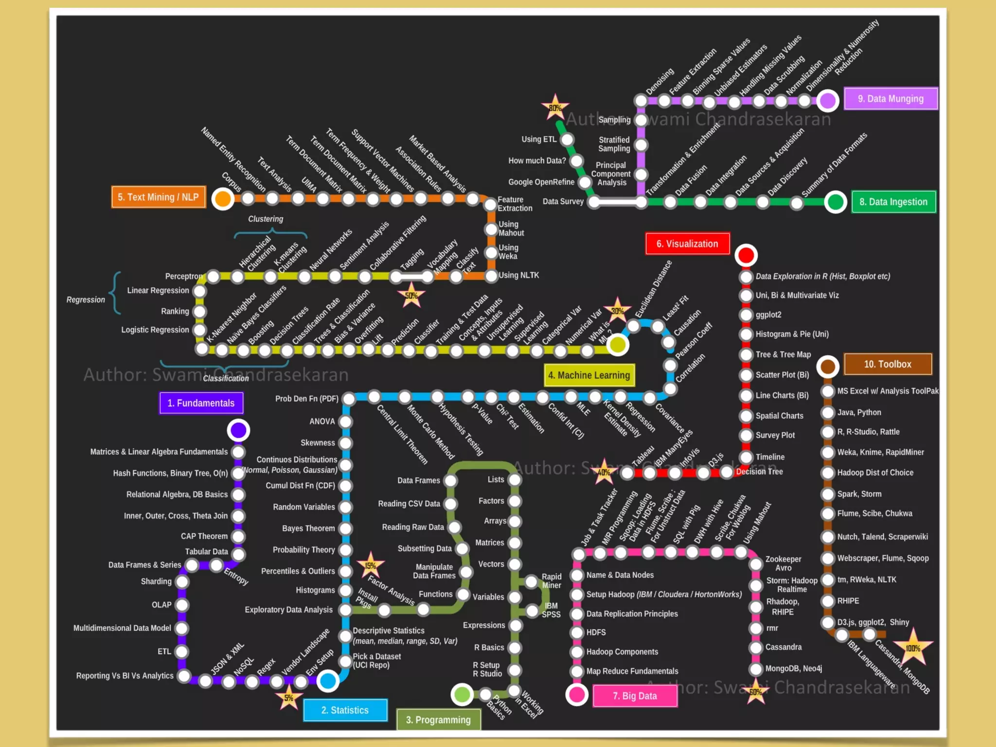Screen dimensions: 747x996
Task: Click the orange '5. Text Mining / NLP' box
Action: click(x=158, y=197)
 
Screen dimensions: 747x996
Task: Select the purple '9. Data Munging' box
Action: click(x=890, y=99)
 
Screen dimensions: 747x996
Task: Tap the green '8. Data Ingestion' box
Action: click(x=893, y=202)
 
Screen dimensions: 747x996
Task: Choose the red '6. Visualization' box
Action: click(x=687, y=244)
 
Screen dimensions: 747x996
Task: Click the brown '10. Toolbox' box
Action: click(x=888, y=364)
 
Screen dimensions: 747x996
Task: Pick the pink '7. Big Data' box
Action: click(x=635, y=696)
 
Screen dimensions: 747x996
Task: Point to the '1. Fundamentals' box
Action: click(x=201, y=403)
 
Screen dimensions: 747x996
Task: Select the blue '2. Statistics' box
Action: click(x=345, y=710)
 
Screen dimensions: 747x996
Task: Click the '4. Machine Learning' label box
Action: click(x=589, y=375)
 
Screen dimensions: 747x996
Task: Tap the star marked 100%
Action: click(x=913, y=648)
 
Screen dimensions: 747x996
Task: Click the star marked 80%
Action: click(x=555, y=107)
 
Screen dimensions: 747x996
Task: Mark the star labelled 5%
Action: click(x=289, y=698)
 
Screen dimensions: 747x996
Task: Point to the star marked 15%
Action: click(x=371, y=566)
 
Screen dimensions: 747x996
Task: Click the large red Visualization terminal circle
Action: click(x=746, y=255)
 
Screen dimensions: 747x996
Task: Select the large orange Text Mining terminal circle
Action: click(x=223, y=198)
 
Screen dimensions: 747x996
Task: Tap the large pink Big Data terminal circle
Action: click(x=577, y=694)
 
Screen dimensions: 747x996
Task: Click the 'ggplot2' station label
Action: click(x=768, y=315)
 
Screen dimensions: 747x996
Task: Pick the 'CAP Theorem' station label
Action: click(x=204, y=536)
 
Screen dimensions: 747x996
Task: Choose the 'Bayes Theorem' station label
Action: click(x=308, y=528)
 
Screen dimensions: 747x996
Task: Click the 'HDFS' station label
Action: click(x=596, y=632)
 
